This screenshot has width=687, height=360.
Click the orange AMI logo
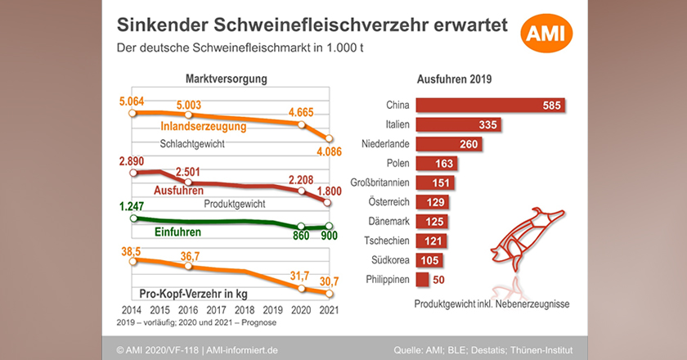547,34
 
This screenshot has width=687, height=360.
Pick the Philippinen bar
423,281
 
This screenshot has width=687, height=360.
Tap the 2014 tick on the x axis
131,310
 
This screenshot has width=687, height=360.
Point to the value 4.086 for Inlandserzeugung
329,151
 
